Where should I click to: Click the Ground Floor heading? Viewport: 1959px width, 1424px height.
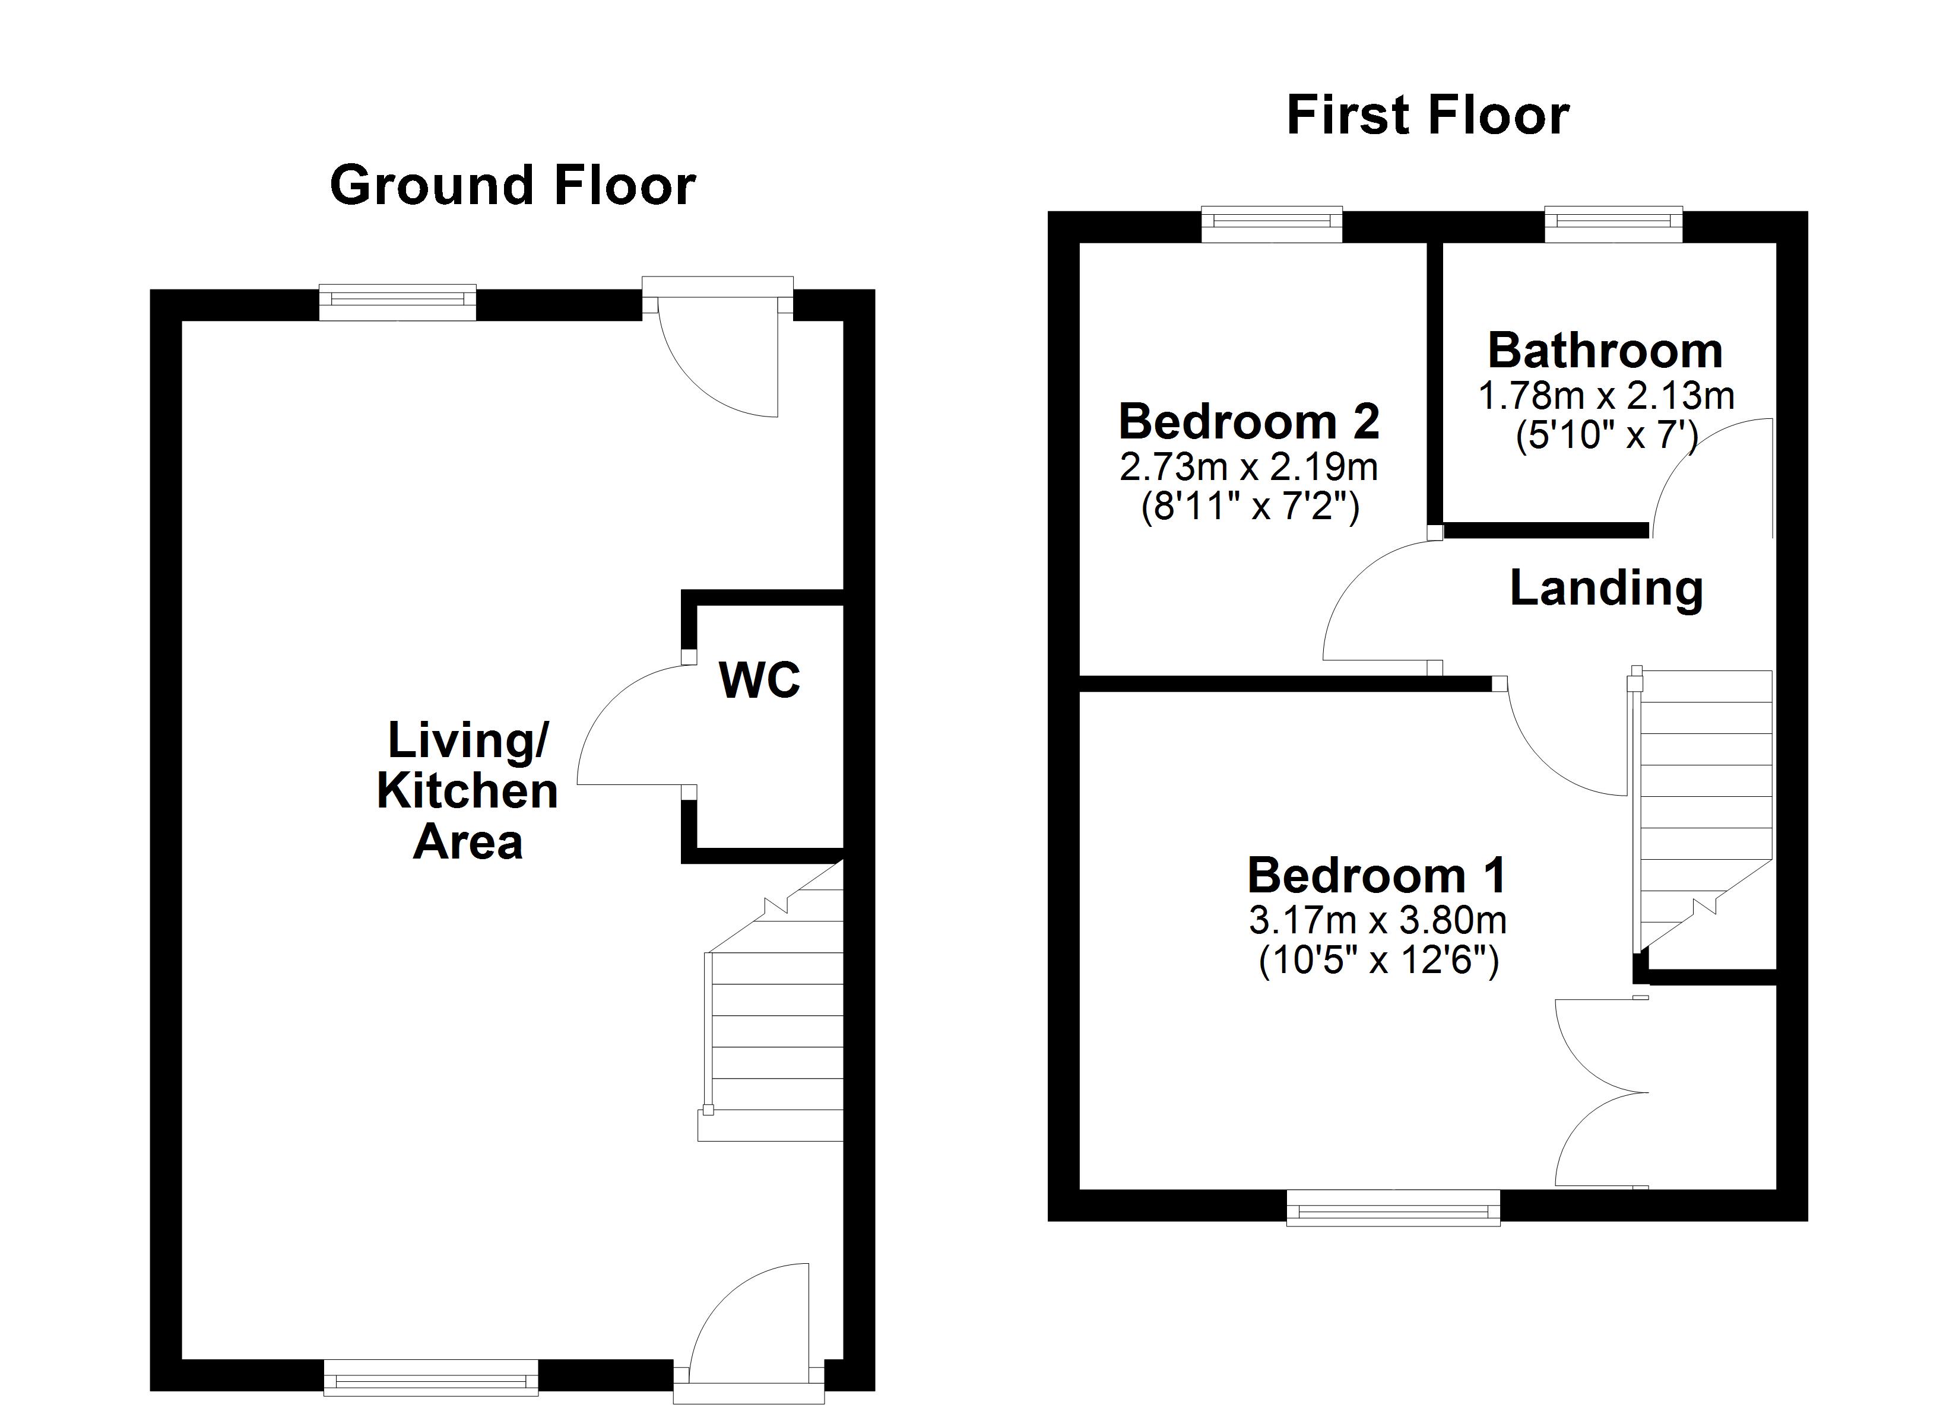(x=512, y=186)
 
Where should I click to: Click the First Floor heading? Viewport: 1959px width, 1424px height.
(x=1427, y=116)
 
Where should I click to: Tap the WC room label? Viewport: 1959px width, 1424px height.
(x=759, y=681)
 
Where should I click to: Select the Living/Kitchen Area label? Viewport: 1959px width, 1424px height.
(x=467, y=790)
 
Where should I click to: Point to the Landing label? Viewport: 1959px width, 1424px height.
(x=1606, y=589)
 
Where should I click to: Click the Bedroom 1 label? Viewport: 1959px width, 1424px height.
(x=1377, y=876)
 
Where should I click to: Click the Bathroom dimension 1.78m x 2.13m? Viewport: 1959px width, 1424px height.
(x=1606, y=396)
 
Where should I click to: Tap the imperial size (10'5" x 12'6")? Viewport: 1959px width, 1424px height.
(x=1378, y=960)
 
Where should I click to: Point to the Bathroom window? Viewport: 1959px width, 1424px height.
(x=1613, y=224)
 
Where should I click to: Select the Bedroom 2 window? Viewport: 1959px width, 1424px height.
(x=1272, y=224)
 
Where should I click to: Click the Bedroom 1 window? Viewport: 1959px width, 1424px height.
(x=1393, y=1208)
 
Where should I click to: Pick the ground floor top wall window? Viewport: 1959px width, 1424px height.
(x=397, y=302)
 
